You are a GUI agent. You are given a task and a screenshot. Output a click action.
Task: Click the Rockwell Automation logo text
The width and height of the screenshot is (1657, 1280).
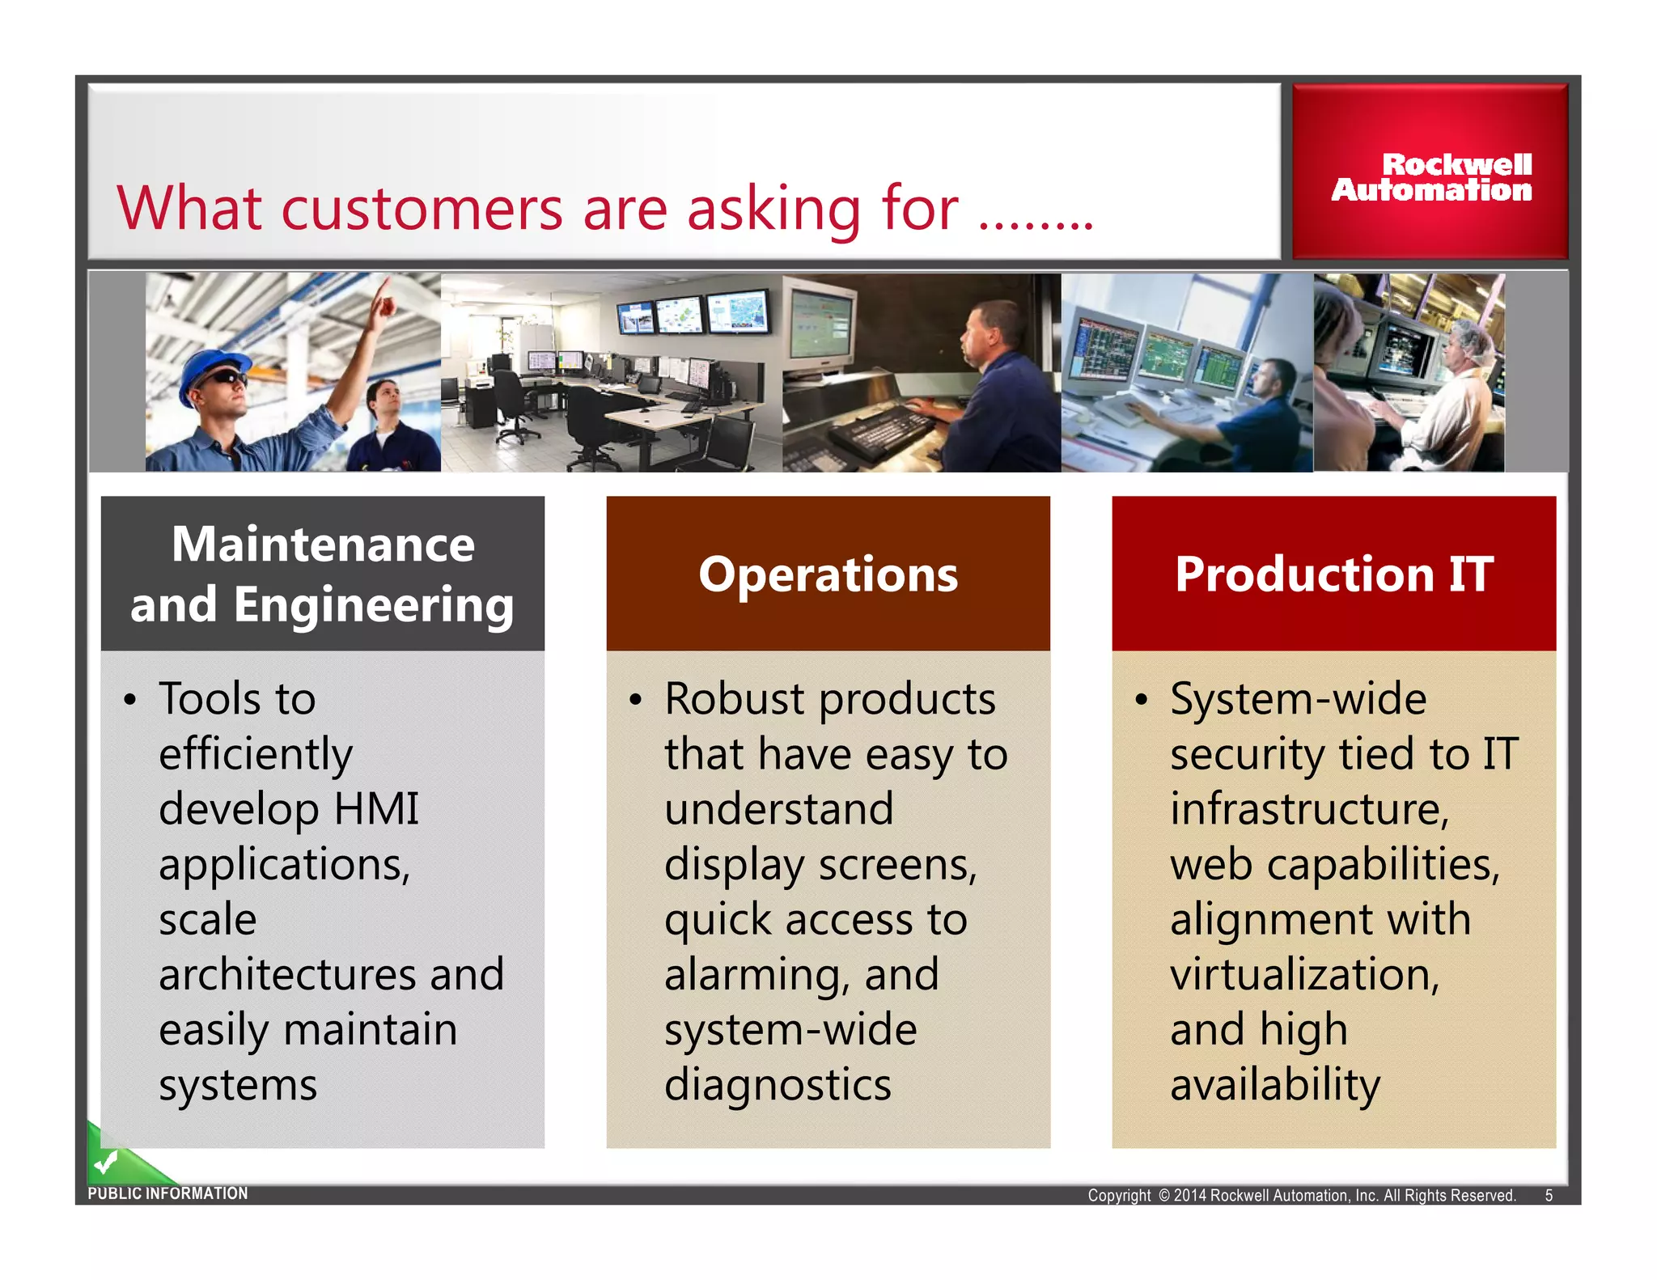1431,177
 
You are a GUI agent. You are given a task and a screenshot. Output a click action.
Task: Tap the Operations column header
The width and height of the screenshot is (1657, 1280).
828,574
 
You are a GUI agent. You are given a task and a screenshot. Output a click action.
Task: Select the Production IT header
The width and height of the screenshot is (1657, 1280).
1333,574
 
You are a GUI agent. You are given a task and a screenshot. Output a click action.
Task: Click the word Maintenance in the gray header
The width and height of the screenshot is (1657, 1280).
323,545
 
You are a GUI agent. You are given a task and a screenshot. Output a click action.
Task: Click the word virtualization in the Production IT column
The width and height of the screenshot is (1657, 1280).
1303,974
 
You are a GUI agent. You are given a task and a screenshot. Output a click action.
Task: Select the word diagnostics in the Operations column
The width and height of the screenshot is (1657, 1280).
778,1085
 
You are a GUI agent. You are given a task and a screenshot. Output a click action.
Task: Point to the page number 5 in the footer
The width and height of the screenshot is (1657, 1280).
1549,1196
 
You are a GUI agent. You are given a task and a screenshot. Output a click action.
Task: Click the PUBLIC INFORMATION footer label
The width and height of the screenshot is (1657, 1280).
167,1193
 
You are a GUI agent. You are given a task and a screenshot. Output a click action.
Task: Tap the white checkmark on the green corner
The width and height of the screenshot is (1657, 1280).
105,1163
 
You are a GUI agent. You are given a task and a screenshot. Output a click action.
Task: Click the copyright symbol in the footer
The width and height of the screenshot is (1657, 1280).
1164,1196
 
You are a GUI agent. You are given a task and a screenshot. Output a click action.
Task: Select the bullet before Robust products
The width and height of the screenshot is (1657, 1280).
636,700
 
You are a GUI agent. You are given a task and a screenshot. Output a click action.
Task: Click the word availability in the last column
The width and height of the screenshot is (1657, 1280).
1274,1085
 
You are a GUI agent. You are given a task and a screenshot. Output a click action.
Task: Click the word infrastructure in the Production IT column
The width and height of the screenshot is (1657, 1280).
1308,809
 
